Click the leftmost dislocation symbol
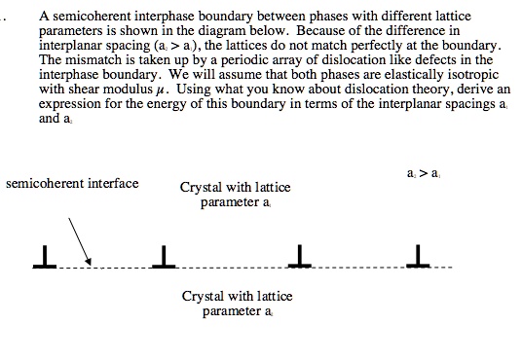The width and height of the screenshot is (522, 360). pos(43,257)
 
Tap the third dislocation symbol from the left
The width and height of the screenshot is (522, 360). pos(301,257)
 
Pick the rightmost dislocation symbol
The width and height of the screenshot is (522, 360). pos(421,257)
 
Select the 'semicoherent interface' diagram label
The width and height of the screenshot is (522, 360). pos(72,183)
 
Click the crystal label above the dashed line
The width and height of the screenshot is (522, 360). pos(235,194)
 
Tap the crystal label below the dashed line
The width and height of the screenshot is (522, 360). pos(237,303)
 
